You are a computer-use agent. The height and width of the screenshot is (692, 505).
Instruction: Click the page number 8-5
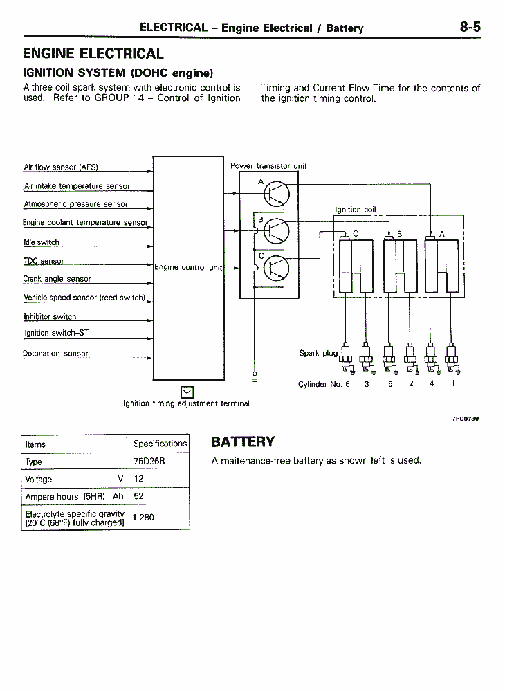pyautogui.click(x=470, y=28)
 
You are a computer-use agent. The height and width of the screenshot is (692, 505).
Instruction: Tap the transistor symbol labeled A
pyautogui.click(x=277, y=194)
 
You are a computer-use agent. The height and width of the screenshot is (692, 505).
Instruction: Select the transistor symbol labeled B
pyautogui.click(x=277, y=231)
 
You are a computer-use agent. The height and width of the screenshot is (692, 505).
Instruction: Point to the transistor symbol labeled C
pyautogui.click(x=277, y=268)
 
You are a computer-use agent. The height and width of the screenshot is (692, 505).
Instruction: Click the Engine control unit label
pyautogui.click(x=188, y=267)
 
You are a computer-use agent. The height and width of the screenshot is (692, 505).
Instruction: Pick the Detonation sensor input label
pyautogui.click(x=55, y=354)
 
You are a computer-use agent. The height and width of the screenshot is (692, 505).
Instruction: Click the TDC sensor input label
pyautogui.click(x=44, y=261)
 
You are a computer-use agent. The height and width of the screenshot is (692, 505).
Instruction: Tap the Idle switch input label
pyautogui.click(x=42, y=242)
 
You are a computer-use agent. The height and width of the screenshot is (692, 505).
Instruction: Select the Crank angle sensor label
pyautogui.click(x=57, y=279)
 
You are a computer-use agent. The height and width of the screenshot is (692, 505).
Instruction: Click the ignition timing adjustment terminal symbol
pyautogui.click(x=187, y=392)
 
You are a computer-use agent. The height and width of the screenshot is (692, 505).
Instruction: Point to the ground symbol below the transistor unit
pyautogui.click(x=255, y=376)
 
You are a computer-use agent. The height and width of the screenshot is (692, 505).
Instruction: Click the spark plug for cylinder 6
pyautogui.click(x=346, y=358)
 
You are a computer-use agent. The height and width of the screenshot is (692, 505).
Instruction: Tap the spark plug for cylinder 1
pyautogui.click(x=451, y=358)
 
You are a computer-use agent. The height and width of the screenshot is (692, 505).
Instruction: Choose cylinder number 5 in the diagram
pyautogui.click(x=390, y=384)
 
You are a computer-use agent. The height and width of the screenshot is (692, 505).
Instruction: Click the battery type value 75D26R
pyautogui.click(x=149, y=461)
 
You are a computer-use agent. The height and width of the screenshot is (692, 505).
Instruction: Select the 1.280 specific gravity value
pyautogui.click(x=143, y=517)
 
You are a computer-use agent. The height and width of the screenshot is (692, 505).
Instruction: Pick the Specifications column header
pyautogui.click(x=160, y=444)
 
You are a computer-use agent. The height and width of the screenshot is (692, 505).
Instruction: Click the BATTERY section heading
pyautogui.click(x=243, y=441)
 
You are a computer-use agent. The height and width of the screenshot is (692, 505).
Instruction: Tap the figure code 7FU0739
pyautogui.click(x=466, y=419)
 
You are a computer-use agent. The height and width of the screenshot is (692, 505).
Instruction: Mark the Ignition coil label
pyautogui.click(x=356, y=210)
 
